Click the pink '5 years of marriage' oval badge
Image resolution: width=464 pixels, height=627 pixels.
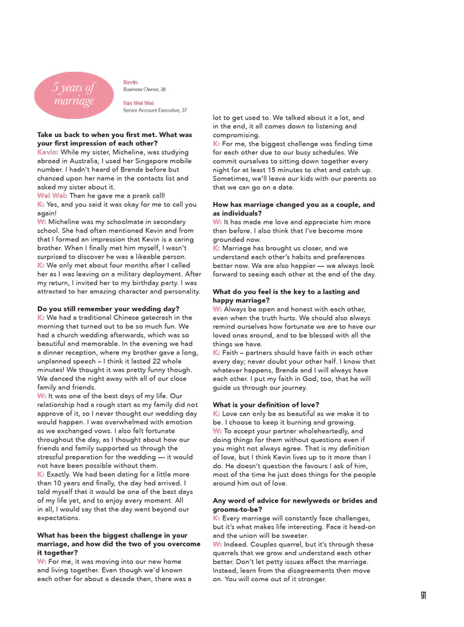(x=74, y=94)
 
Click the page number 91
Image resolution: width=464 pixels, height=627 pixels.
(x=423, y=595)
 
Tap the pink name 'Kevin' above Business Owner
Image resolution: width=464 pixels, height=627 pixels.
(x=130, y=82)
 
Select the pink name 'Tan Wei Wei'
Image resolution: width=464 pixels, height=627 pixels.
(x=138, y=103)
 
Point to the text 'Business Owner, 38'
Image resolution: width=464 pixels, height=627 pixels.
(x=144, y=89)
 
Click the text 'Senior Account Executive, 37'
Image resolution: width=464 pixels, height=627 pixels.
(x=155, y=110)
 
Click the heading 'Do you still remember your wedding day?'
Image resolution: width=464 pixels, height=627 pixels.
(x=108, y=309)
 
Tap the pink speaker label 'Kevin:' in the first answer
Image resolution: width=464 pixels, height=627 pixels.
(x=48, y=152)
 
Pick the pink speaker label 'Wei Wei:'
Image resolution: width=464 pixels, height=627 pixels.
(x=53, y=195)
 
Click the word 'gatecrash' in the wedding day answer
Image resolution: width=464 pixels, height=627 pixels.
(x=154, y=318)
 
